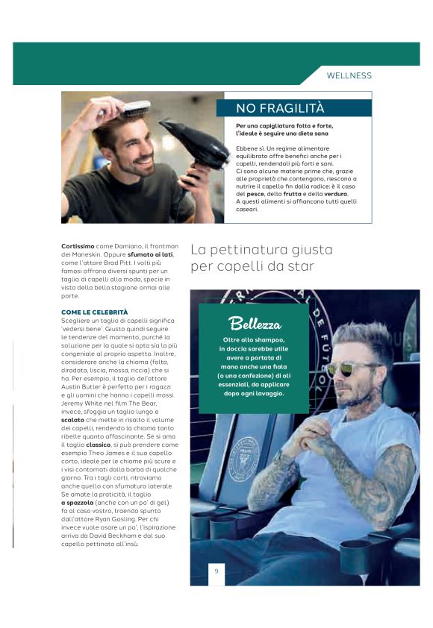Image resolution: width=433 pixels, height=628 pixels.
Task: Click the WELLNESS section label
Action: point(349,75)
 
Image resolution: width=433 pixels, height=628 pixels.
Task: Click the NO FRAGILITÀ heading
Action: point(270,108)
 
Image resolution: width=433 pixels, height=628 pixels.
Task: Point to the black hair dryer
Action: point(193,142)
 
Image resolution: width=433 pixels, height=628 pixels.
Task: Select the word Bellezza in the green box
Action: point(255,324)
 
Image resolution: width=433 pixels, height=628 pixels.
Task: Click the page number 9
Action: point(216,571)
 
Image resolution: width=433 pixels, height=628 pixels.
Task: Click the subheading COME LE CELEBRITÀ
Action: point(94,312)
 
